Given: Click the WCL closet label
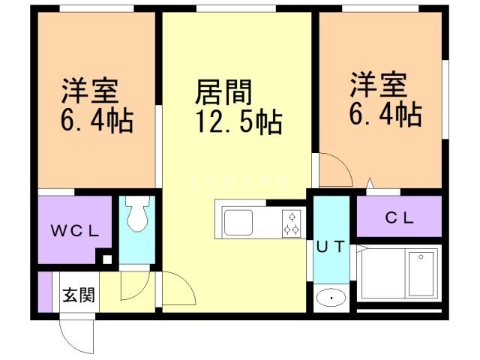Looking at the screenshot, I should [74, 230].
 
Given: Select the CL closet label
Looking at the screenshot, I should [400, 219].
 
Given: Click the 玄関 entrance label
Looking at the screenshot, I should [78, 295].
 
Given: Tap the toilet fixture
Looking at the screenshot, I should [137, 215].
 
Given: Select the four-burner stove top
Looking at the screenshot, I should [291, 223].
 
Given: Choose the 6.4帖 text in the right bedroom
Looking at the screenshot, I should [383, 114].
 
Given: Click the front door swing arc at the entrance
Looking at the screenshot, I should [79, 336].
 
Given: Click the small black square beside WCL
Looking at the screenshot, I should [107, 260].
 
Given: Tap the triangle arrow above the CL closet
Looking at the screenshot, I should [369, 183].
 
